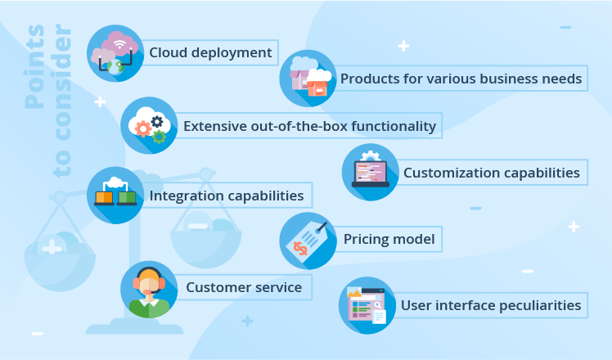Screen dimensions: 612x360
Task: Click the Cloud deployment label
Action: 210,52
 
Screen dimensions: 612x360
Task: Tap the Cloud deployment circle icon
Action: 115,53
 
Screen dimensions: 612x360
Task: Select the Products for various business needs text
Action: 461,79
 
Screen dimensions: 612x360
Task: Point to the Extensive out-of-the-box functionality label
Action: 309,126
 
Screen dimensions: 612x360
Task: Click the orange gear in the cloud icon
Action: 143,128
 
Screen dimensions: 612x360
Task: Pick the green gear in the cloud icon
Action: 159,137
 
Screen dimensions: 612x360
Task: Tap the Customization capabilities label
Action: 492,173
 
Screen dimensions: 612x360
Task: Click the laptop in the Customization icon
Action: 371,174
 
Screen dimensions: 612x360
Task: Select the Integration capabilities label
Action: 227,196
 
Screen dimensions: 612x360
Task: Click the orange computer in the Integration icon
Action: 104,198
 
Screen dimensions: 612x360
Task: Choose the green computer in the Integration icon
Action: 127,198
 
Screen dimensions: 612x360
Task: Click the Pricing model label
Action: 389,239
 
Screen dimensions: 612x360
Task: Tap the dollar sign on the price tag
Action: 300,249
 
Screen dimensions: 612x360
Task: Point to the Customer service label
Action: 244,287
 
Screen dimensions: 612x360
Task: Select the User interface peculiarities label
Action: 491,305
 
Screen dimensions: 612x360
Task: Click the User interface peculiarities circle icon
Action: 367,305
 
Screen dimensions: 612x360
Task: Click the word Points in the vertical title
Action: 34,66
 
